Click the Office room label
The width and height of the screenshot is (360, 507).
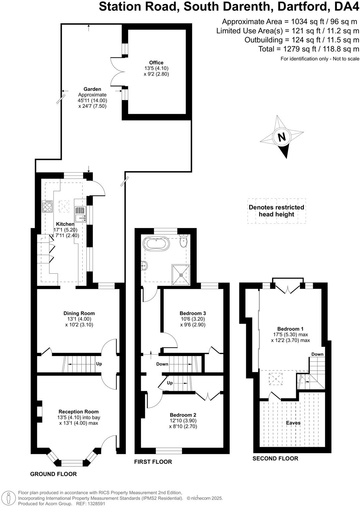[156, 63]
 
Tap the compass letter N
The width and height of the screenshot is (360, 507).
[282, 137]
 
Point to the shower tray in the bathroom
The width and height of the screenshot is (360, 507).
[181, 275]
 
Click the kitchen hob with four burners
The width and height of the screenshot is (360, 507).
[47, 207]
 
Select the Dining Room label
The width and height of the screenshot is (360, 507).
[79, 313]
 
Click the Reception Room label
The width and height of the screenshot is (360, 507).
[79, 412]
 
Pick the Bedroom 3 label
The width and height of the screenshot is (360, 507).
[193, 313]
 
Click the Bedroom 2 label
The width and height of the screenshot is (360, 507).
[183, 415]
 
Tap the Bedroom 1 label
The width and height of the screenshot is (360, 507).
[290, 329]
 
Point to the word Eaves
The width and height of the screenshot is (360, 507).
[293, 423]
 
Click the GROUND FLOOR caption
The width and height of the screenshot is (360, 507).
[53, 474]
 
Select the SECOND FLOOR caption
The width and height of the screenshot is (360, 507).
[275, 458]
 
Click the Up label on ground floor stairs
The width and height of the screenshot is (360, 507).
[99, 364]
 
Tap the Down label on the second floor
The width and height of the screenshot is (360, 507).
[317, 354]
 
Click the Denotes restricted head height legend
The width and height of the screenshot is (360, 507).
[276, 211]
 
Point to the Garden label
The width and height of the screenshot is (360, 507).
[92, 89]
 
